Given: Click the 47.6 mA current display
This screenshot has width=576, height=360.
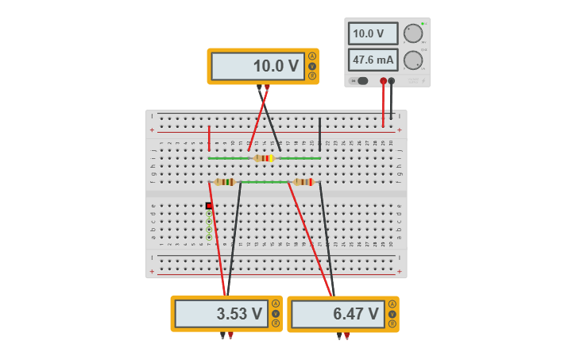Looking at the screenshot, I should [373, 60].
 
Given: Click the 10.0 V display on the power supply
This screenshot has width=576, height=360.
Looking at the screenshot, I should [373, 34].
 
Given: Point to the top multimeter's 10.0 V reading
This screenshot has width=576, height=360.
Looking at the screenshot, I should [258, 66].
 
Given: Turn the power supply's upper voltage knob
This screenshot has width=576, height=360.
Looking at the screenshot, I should [413, 33].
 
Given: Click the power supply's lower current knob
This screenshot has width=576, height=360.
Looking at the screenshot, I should [413, 60].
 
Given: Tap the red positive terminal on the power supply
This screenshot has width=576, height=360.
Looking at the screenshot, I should [383, 81].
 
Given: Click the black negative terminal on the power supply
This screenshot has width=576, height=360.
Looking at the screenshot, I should [392, 81].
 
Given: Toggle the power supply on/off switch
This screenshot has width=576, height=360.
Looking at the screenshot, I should [361, 81].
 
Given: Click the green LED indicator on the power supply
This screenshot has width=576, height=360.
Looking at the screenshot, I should [423, 24].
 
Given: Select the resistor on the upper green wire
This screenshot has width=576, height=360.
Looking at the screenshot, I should [264, 158].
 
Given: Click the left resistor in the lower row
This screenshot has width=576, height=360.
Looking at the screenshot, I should [225, 182].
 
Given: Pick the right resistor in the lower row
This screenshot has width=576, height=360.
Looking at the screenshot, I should [303, 182].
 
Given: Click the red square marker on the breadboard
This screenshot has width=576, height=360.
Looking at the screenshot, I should [209, 206].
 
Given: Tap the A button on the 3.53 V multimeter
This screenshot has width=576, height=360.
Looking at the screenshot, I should [276, 304].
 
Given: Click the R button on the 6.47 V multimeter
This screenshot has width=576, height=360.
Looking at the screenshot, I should [392, 323].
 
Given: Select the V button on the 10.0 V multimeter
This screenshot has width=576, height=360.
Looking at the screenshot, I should [312, 66].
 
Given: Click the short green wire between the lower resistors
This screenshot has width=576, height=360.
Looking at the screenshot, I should [265, 182].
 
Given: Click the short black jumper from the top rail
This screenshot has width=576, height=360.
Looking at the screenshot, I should [319, 134].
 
